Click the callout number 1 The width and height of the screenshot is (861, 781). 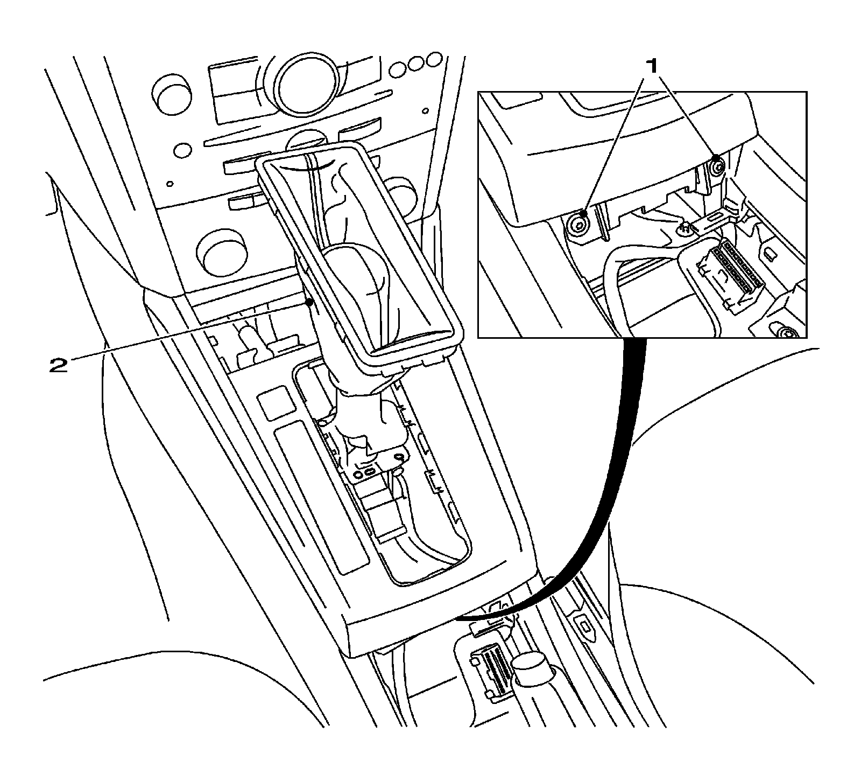652,67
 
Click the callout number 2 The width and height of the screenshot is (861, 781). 59,366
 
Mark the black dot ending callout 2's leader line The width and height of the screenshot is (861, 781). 309,303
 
